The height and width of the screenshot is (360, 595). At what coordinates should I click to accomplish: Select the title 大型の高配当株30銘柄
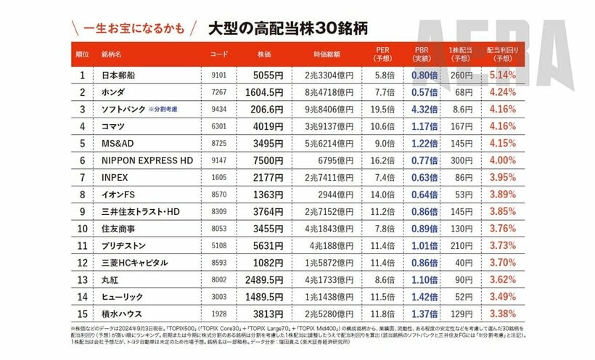point(287,30)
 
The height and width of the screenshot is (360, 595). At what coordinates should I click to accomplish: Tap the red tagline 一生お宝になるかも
point(135,30)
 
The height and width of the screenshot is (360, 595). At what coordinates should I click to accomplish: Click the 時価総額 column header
point(328,54)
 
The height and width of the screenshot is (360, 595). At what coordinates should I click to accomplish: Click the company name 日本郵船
point(119,75)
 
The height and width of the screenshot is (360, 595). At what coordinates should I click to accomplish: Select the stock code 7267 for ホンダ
point(218,92)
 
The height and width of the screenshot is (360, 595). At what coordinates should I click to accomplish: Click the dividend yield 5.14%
point(502,75)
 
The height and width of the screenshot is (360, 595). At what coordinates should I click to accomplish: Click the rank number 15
point(83,314)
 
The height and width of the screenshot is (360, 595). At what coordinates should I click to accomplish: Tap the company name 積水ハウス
point(123,314)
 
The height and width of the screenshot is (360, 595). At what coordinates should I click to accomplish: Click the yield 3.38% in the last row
point(502,314)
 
